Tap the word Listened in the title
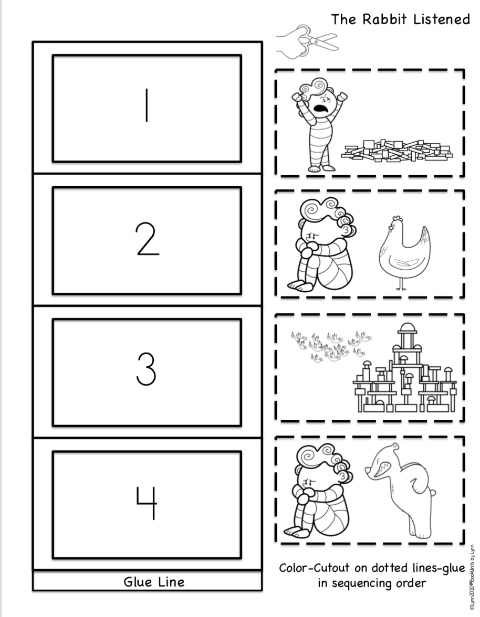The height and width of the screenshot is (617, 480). [441, 19]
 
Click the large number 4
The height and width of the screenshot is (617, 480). [147, 503]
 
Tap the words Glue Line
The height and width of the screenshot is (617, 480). [154, 581]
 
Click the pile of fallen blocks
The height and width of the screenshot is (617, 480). [396, 150]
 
